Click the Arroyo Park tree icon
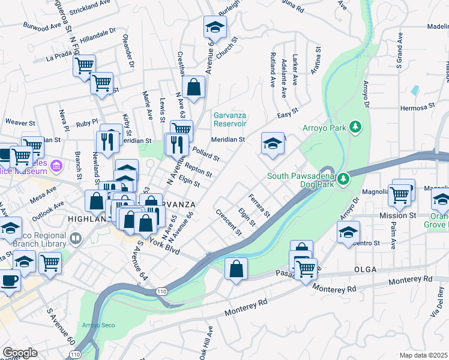pos(357,127)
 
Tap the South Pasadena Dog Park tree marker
pos(343,179)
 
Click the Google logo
pos(20,352)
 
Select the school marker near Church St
pos(214,26)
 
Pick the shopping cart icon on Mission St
pos(399,194)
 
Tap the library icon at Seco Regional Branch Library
pos(76,239)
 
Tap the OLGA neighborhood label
pos(366,269)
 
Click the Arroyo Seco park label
pos(95,325)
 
